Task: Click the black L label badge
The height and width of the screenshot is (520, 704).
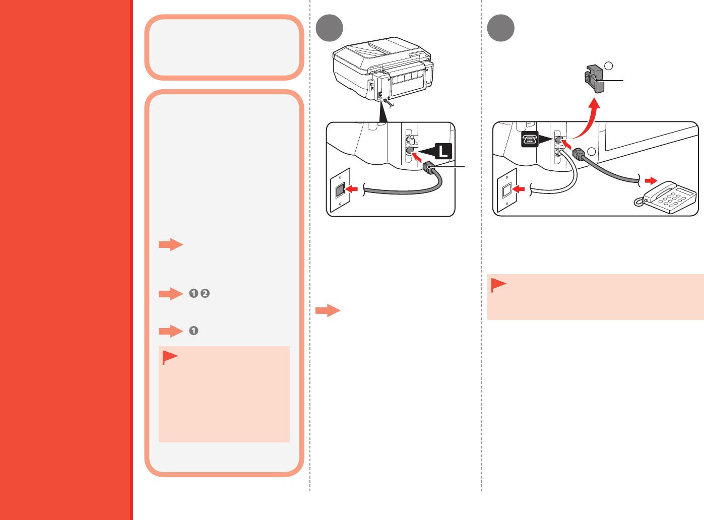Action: [443, 151]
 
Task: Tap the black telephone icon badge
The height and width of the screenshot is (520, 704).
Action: [530, 140]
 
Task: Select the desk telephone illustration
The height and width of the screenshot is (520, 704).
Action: [667, 198]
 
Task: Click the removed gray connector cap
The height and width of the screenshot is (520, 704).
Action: [594, 79]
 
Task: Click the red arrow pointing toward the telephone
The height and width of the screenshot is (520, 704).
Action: [652, 180]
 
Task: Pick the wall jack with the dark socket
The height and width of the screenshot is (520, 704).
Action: [340, 190]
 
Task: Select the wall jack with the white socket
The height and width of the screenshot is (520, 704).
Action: [506, 190]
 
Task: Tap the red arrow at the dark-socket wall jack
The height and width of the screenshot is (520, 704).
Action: [352, 189]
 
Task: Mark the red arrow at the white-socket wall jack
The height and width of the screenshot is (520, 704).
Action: [519, 189]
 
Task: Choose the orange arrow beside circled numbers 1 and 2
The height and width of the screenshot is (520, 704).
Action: [171, 294]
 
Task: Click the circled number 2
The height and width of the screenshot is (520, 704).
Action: [205, 294]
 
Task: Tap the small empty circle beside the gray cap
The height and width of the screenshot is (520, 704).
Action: [609, 66]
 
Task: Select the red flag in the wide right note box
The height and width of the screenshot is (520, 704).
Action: [498, 285]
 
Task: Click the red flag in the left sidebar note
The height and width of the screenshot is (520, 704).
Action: [170, 357]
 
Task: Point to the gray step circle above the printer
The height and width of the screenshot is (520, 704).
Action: [329, 28]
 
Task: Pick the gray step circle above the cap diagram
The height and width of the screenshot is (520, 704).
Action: [501, 28]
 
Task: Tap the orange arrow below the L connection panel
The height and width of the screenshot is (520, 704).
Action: [328, 310]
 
